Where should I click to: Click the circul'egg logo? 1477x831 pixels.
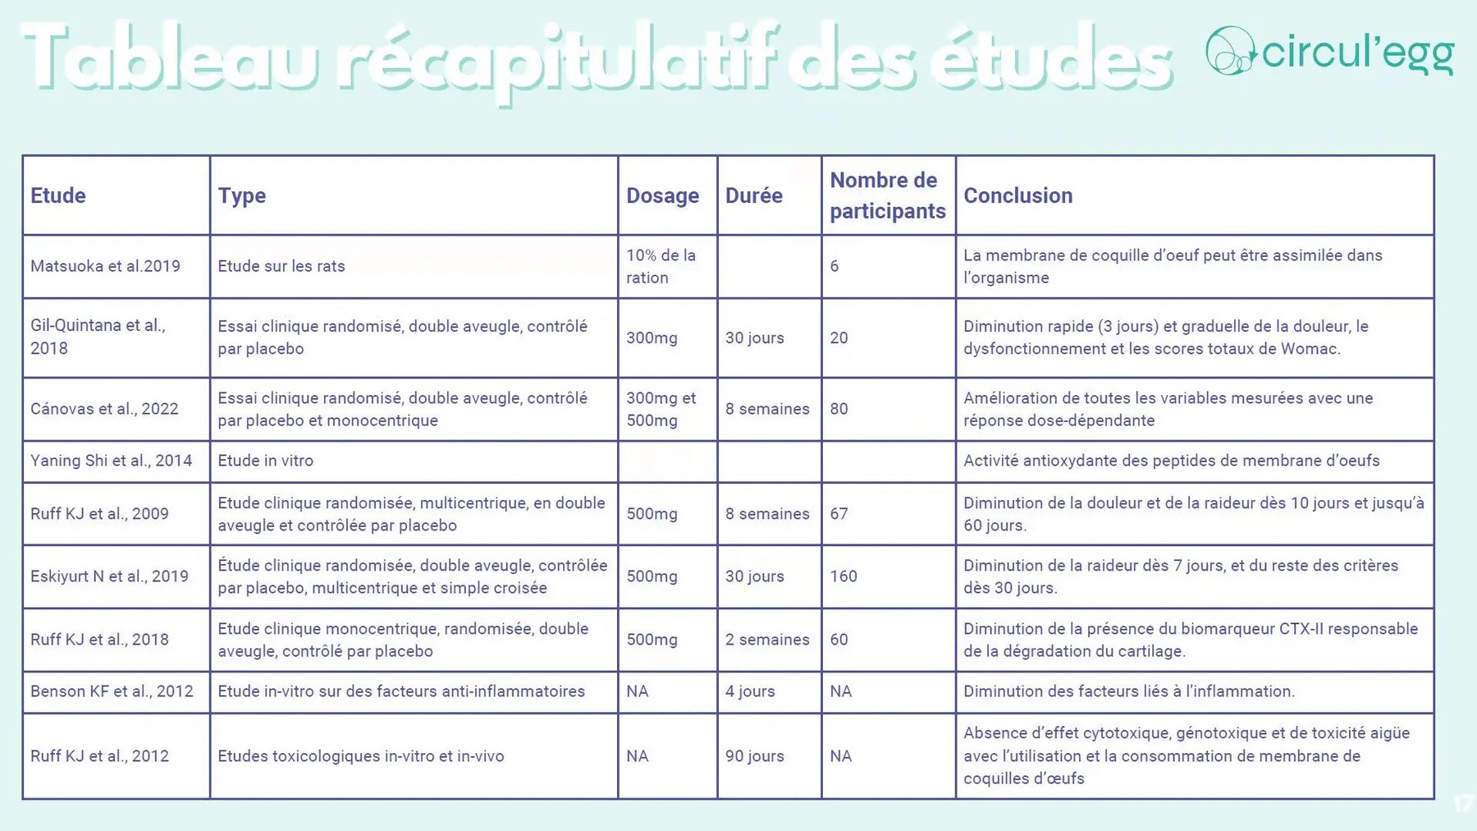point(1329,51)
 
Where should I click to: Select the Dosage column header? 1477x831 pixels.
point(662,195)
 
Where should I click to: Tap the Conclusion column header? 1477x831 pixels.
point(1017,195)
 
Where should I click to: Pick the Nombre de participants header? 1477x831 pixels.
point(887,195)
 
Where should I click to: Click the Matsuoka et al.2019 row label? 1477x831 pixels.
point(105,266)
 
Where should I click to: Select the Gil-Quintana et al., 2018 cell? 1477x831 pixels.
point(98,337)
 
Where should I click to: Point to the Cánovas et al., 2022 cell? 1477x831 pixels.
point(104,409)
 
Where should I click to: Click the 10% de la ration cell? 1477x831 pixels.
point(661,266)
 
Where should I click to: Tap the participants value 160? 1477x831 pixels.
point(844,576)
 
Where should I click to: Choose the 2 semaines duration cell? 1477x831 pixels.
point(767,640)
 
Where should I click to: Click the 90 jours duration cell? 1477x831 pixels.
point(754,756)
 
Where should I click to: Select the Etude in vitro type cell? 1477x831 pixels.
point(266,461)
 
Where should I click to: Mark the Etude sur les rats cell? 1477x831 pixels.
point(281,266)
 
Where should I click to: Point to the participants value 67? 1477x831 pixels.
point(839,514)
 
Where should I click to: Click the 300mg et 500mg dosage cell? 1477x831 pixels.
point(661,409)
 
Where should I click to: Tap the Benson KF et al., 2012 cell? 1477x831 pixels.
point(112,691)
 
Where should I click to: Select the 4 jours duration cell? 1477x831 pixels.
point(750,691)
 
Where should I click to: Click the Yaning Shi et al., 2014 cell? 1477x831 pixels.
point(111,461)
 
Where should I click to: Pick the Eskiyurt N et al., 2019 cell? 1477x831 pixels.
point(109,576)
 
